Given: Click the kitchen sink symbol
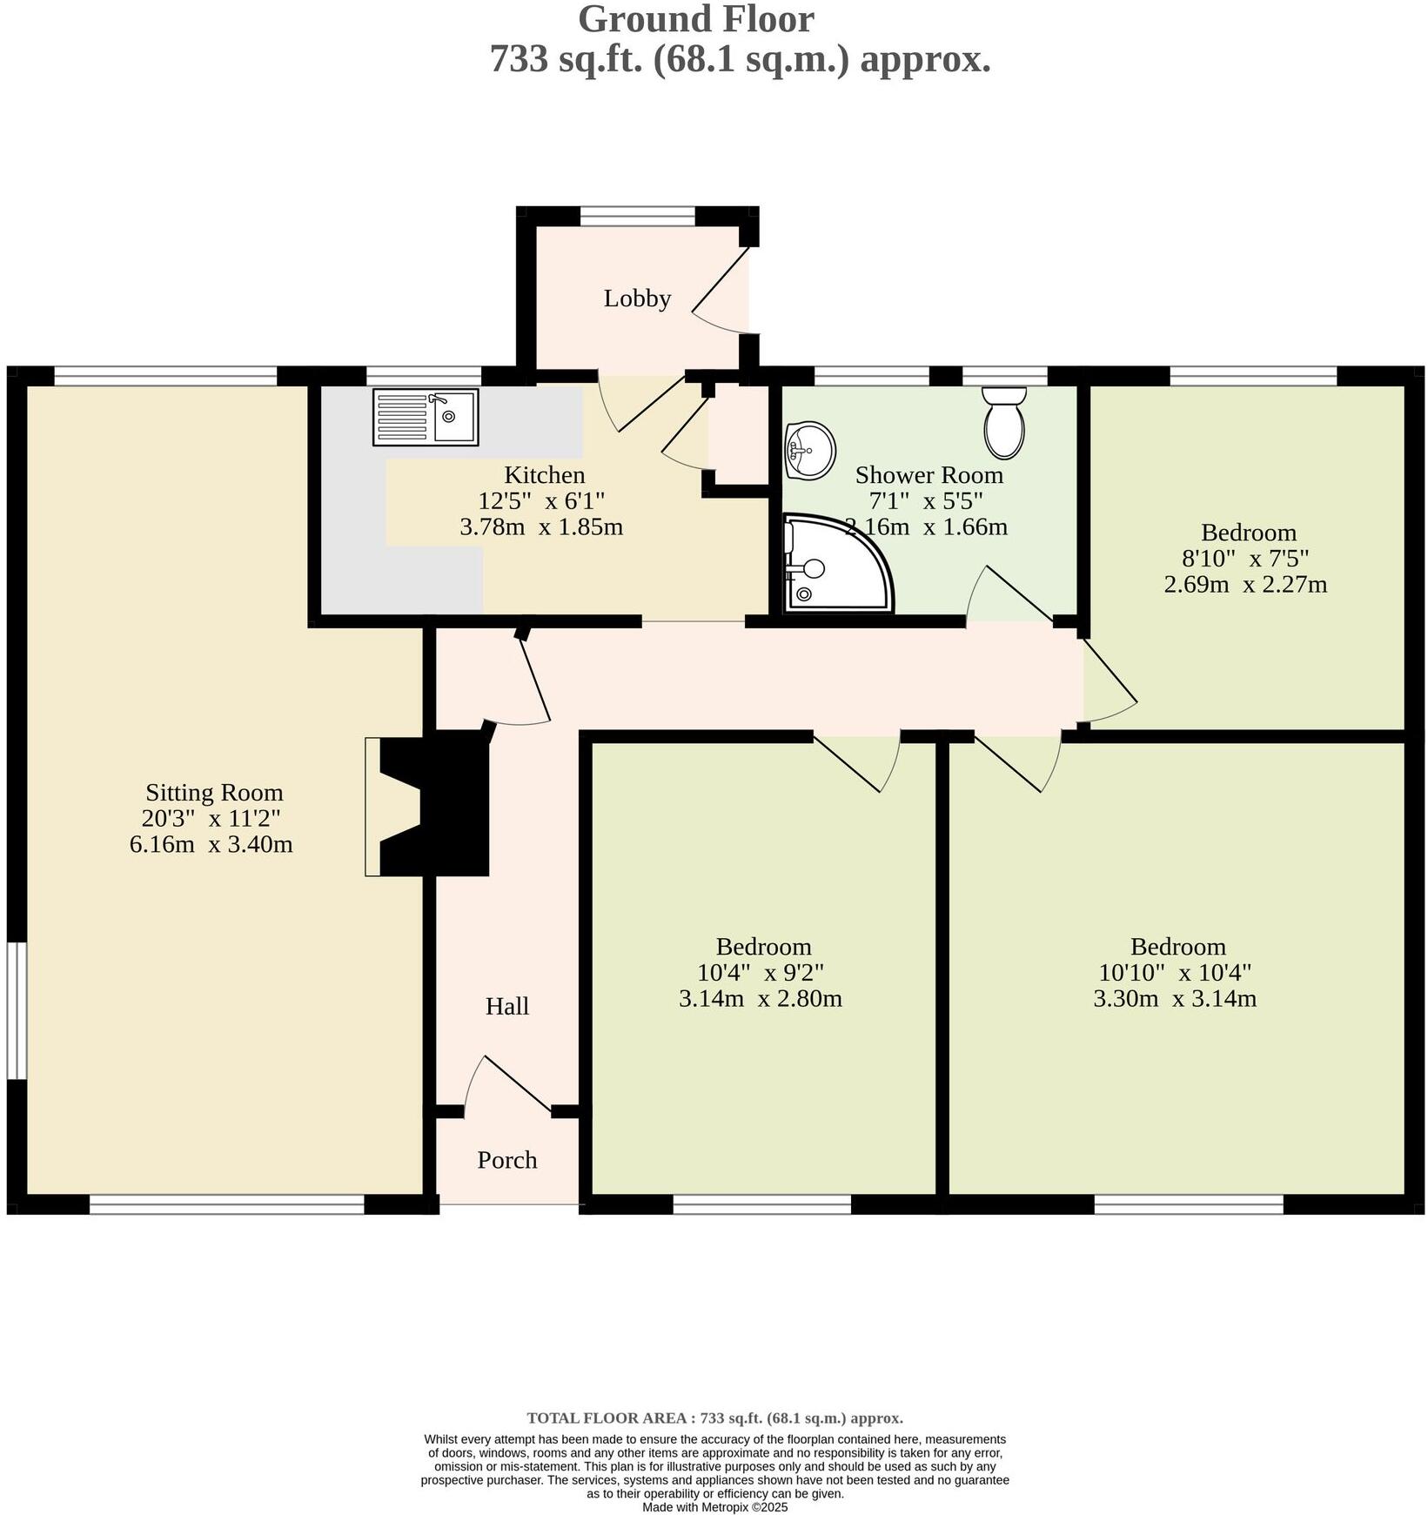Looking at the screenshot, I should click(x=425, y=417).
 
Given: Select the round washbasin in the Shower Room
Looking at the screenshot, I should click(x=809, y=450).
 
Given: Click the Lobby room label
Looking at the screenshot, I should click(x=637, y=298).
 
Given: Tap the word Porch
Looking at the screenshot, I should click(x=506, y=1160).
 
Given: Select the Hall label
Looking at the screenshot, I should click(x=506, y=1006).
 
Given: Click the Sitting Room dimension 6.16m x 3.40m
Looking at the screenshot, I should click(x=211, y=844).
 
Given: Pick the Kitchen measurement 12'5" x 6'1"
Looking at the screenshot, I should click(x=540, y=500).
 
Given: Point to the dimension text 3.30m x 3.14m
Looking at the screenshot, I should click(x=1174, y=998).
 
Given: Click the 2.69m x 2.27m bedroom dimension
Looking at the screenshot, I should click(x=1244, y=584).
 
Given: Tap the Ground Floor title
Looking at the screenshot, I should click(x=695, y=19).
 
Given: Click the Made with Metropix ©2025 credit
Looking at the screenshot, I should click(x=714, y=1507).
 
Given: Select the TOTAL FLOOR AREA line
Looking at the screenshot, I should click(x=714, y=1418).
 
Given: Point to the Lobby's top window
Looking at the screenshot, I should click(x=637, y=216).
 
